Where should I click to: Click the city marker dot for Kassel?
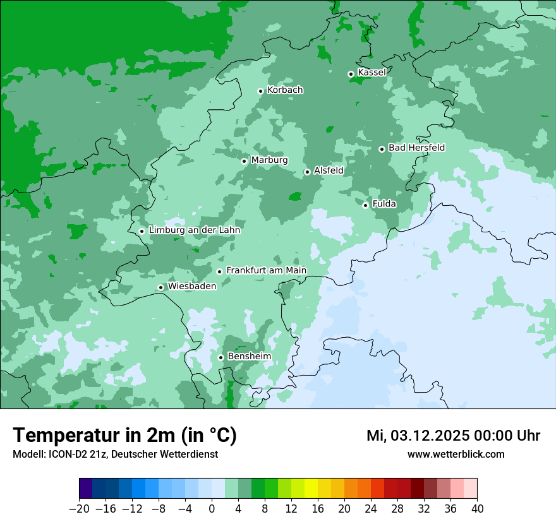351,74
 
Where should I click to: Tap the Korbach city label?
285,90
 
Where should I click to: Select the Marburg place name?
269,160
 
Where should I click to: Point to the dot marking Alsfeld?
307,172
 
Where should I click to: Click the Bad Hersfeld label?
416,148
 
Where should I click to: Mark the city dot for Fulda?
365,205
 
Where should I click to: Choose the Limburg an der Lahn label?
194,230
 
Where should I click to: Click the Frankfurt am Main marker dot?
220,271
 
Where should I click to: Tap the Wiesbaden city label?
191,286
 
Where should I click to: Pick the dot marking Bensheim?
221,357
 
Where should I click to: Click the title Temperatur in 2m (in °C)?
124,435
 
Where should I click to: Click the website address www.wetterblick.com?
456,454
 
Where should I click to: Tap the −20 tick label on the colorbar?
79,509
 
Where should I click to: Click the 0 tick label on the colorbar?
212,509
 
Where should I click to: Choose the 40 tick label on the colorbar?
477,509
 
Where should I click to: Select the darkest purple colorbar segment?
86,489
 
